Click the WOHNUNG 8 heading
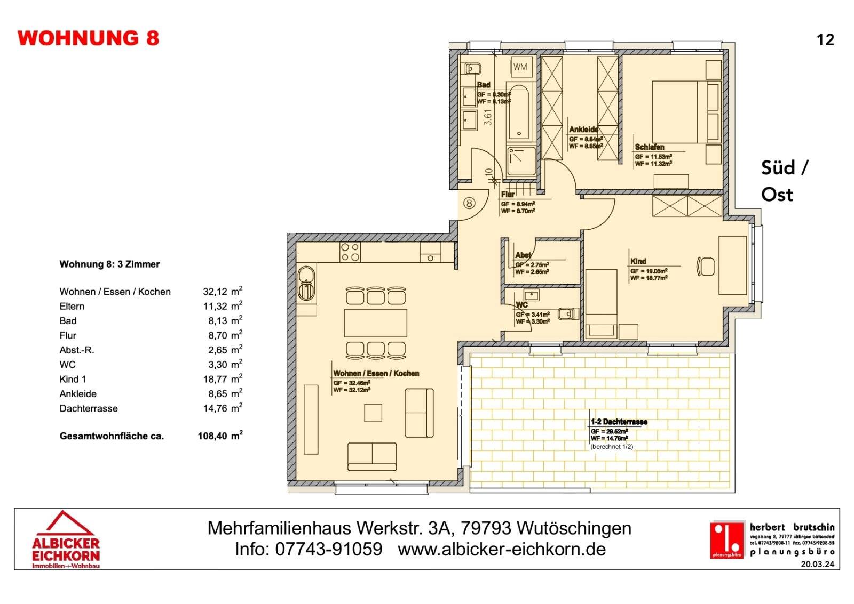pyautogui.click(x=88, y=38)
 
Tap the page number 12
pyautogui.click(x=825, y=40)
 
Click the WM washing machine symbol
pyautogui.click(x=520, y=67)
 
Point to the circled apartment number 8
pyautogui.click(x=469, y=203)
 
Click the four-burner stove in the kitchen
pyautogui.click(x=350, y=252)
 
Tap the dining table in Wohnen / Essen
pyautogui.click(x=376, y=323)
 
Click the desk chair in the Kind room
pyautogui.click(x=706, y=266)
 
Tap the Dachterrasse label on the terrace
pyautogui.click(x=619, y=422)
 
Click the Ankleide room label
pyautogui.click(x=583, y=130)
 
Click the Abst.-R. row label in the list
pyautogui.click(x=77, y=350)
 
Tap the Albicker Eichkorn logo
pyautogui.click(x=66, y=540)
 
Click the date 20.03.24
pyautogui.click(x=817, y=564)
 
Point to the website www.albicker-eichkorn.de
pyautogui.click(x=501, y=549)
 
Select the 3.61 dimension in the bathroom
pyautogui.click(x=487, y=117)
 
